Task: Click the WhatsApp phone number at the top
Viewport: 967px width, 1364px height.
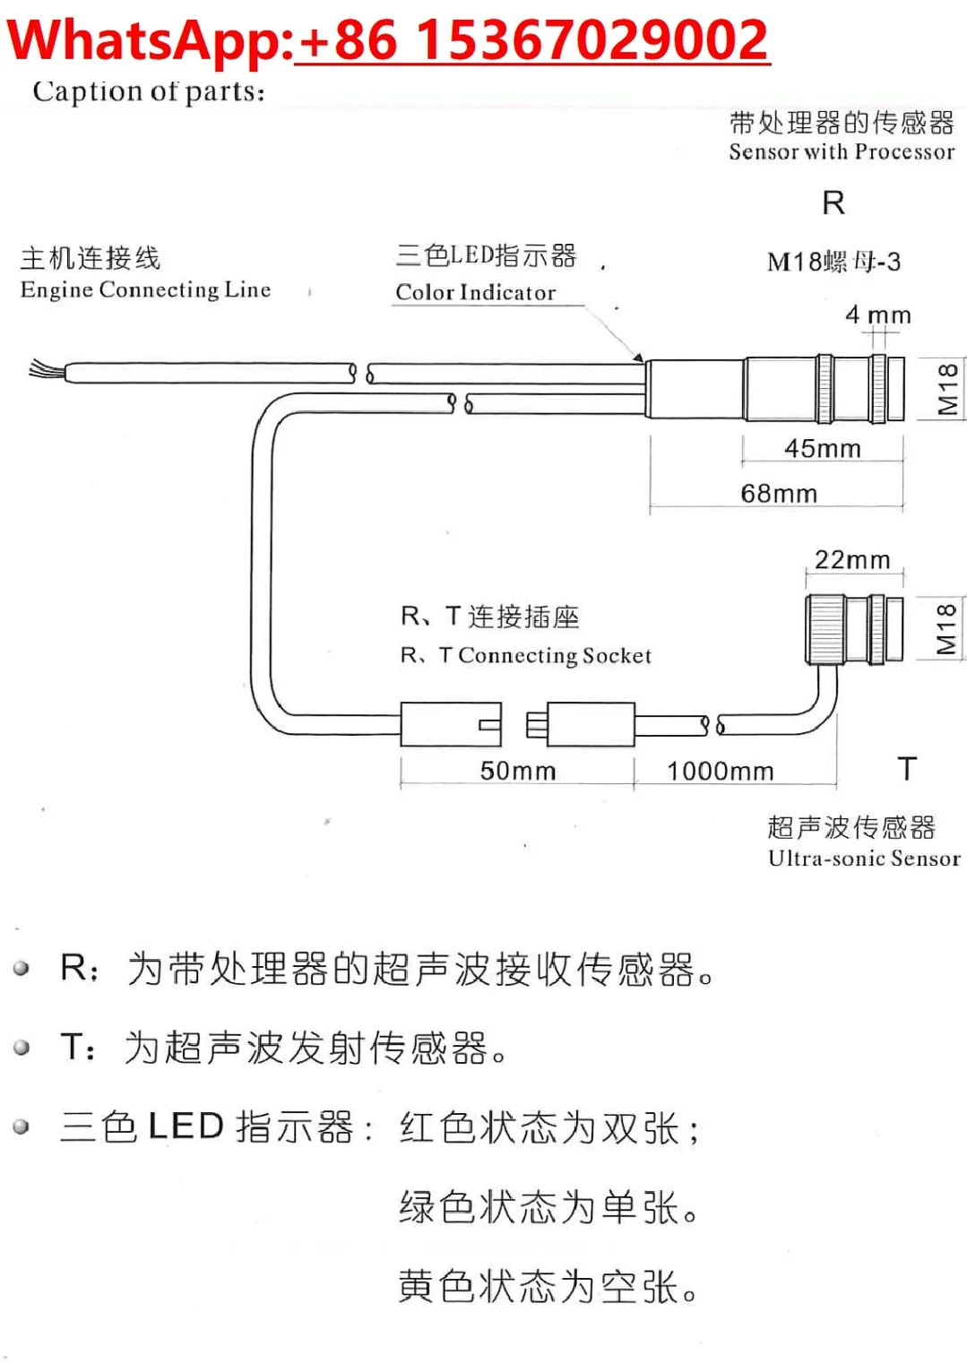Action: (x=532, y=40)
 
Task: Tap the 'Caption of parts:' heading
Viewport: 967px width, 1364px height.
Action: (x=149, y=91)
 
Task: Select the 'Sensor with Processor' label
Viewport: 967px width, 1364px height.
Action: (x=841, y=152)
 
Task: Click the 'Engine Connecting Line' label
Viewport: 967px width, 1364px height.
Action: (x=145, y=290)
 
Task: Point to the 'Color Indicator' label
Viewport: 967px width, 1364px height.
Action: (x=475, y=292)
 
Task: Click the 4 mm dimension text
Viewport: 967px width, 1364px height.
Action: (x=877, y=315)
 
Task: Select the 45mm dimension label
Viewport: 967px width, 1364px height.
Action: (x=822, y=448)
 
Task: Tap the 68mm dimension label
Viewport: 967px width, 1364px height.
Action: (x=778, y=494)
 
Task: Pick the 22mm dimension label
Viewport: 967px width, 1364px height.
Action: (x=851, y=560)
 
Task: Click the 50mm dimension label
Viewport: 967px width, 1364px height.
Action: (x=517, y=771)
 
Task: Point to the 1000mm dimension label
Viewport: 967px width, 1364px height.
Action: (x=720, y=771)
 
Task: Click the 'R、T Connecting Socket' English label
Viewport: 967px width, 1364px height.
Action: (x=525, y=656)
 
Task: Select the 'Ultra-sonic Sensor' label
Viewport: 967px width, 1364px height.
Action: (x=863, y=859)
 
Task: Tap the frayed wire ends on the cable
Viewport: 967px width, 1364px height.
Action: (x=45, y=369)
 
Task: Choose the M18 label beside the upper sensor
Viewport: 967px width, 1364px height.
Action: (x=947, y=389)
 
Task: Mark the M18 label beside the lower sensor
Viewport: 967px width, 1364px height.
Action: (x=945, y=629)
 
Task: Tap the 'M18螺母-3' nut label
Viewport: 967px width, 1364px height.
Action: (x=833, y=262)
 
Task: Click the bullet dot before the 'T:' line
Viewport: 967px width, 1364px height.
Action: (x=22, y=1047)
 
